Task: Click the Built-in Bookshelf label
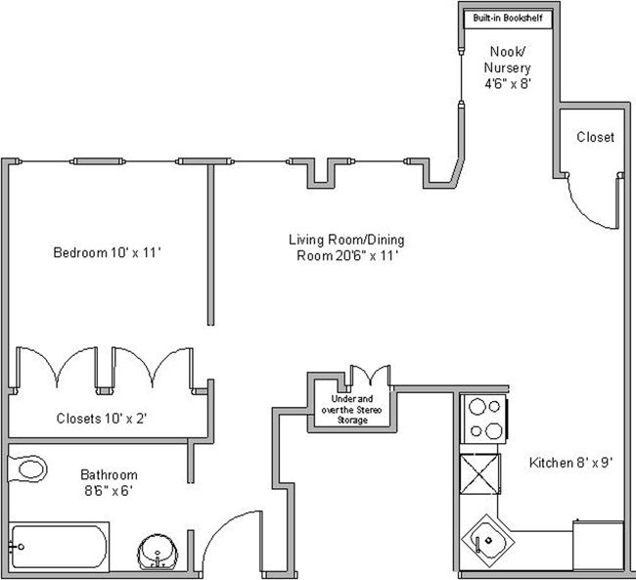(507, 19)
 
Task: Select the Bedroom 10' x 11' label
(106, 253)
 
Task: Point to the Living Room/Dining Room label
(346, 247)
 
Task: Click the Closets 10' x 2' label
(102, 418)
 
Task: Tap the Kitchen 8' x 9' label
(569, 463)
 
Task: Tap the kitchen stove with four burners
(484, 418)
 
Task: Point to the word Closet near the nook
(595, 137)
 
